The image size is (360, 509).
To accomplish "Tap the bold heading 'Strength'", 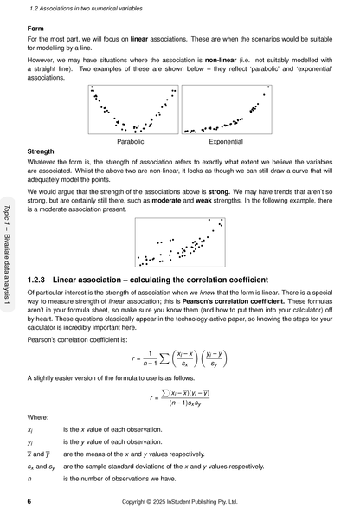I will click(x=43, y=149).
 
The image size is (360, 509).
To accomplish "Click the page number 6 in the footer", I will click(x=30, y=500).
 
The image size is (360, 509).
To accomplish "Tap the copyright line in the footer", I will click(x=182, y=500).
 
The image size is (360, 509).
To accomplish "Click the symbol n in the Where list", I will click(x=31, y=477).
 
